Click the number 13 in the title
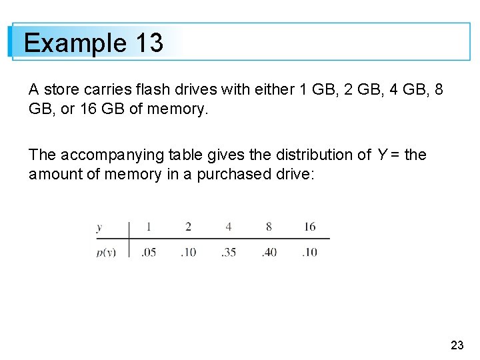click(x=149, y=43)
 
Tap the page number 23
click(x=457, y=345)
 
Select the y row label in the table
click(x=99, y=227)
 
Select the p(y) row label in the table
click(x=105, y=252)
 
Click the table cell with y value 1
click(x=148, y=227)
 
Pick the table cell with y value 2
click(x=188, y=227)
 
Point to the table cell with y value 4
click(x=229, y=227)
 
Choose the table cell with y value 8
click(x=269, y=227)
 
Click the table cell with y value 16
click(x=309, y=227)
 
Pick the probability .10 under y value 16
click(x=309, y=252)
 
